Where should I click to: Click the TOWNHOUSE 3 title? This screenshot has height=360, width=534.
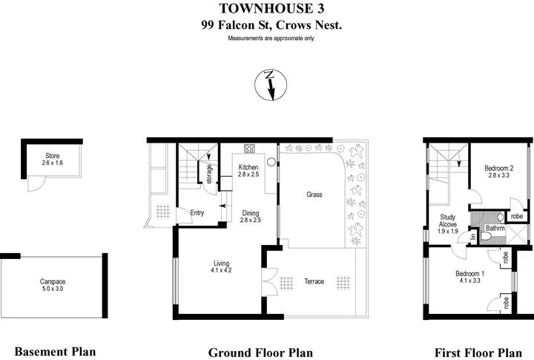click(266, 8)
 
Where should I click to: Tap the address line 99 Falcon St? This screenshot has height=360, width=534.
click(266, 24)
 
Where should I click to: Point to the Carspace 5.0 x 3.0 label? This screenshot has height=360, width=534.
click(53, 286)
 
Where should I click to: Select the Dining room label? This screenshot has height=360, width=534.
click(251, 217)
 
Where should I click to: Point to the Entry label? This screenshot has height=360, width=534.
click(197, 213)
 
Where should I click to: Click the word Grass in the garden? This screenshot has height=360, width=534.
click(314, 194)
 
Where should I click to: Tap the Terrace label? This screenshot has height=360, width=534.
click(314, 281)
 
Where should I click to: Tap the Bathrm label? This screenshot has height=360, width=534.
click(495, 229)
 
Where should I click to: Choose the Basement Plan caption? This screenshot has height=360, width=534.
click(56, 351)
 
